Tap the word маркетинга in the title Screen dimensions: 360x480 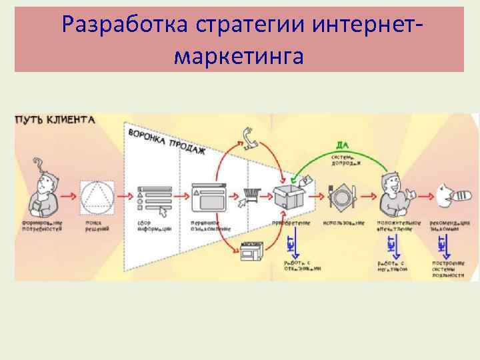[x=239, y=56]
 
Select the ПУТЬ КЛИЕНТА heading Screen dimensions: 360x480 [x=55, y=120]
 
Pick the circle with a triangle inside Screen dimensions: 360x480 [x=97, y=196]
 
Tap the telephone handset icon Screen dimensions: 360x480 [x=251, y=138]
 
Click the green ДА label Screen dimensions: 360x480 [x=343, y=145]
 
